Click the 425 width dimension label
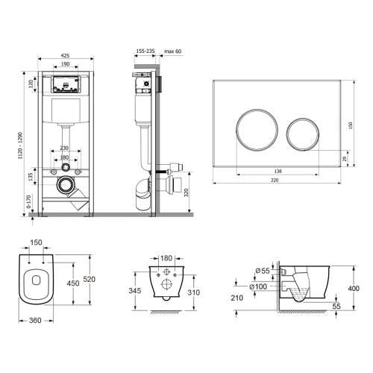[x=65, y=56]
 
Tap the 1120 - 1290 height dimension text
[x=20, y=145]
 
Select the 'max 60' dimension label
[x=173, y=51]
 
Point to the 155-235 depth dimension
[x=145, y=51]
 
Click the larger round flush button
[x=257, y=129]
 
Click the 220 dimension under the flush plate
[x=275, y=180]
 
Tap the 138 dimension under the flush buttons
[x=278, y=171]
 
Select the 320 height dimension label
[x=186, y=192]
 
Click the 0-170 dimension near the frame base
[x=28, y=201]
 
